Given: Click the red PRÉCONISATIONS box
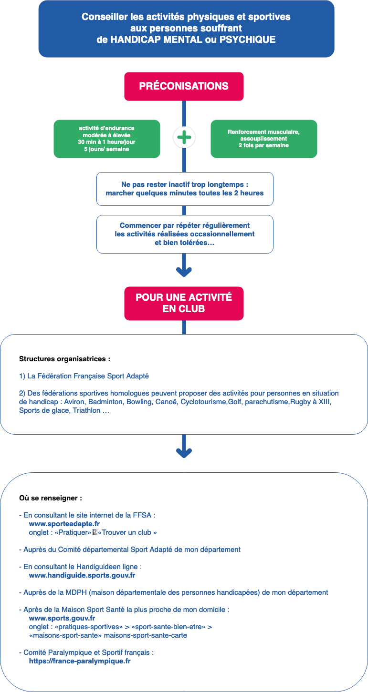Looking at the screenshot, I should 184,86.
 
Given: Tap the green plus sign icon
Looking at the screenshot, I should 184,138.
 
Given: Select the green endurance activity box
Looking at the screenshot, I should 106,139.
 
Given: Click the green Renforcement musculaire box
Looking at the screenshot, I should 263,139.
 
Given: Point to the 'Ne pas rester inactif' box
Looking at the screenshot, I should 185,189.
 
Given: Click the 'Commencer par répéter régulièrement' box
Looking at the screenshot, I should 185,234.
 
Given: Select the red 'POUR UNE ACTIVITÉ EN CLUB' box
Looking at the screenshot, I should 184,303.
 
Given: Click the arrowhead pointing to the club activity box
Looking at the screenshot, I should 184,272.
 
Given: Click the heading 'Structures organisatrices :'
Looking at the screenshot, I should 65,359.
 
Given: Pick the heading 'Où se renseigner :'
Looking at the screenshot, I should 51,498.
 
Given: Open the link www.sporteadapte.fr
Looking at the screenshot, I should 64,524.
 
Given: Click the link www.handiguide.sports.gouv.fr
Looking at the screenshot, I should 82,575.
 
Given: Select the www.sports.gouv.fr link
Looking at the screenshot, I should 62,618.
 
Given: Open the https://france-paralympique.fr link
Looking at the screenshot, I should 80,661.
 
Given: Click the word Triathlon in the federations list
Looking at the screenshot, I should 86,410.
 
